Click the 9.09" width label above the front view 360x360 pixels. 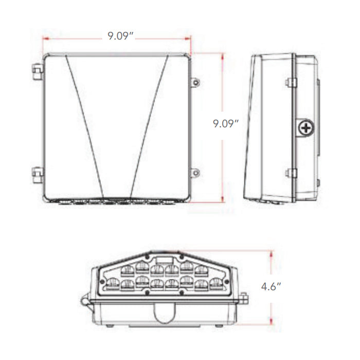(x=121, y=35)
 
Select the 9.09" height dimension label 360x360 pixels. (x=227, y=123)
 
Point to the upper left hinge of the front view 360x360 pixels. (x=37, y=72)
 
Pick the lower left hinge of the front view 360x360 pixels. (x=37, y=173)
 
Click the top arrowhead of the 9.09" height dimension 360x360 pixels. (x=222, y=55)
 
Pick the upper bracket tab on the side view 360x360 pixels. (x=291, y=82)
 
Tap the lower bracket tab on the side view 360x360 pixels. (x=291, y=173)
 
